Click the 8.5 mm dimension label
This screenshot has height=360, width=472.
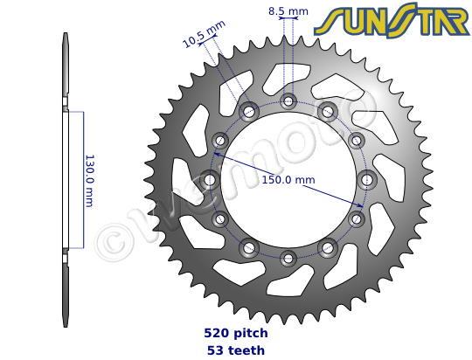click(x=288, y=11)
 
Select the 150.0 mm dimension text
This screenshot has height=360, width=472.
click(x=288, y=180)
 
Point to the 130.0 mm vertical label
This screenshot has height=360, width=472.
click(x=89, y=181)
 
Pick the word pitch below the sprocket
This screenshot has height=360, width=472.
click(x=251, y=334)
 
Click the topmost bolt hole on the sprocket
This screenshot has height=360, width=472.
click(x=288, y=100)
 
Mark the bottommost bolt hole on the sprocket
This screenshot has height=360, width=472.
click(x=288, y=257)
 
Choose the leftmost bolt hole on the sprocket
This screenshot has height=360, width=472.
click(x=210, y=179)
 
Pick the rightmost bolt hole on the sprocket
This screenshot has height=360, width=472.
click(x=367, y=179)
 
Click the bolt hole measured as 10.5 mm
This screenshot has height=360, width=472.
click(x=249, y=111)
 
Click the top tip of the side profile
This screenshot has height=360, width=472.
click(x=66, y=34)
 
